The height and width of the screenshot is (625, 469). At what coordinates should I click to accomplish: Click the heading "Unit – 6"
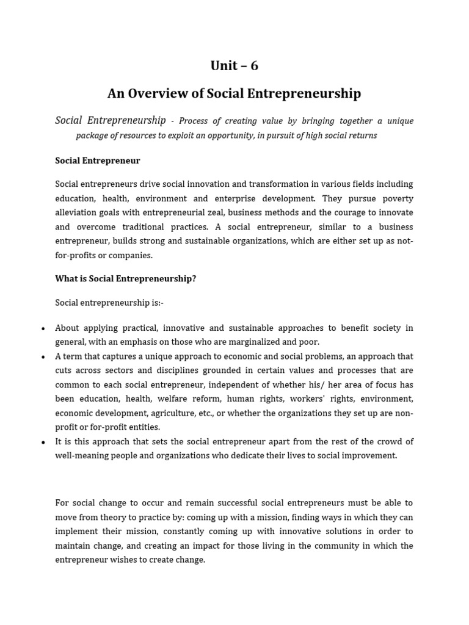[234, 66]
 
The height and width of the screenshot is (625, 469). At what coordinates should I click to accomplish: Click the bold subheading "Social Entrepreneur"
[98, 161]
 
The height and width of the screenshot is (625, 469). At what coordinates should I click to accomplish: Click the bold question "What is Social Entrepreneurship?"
[126, 279]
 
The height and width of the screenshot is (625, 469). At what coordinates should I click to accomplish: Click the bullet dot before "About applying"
[43, 329]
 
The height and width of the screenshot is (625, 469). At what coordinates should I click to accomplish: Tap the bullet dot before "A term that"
[43, 357]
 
